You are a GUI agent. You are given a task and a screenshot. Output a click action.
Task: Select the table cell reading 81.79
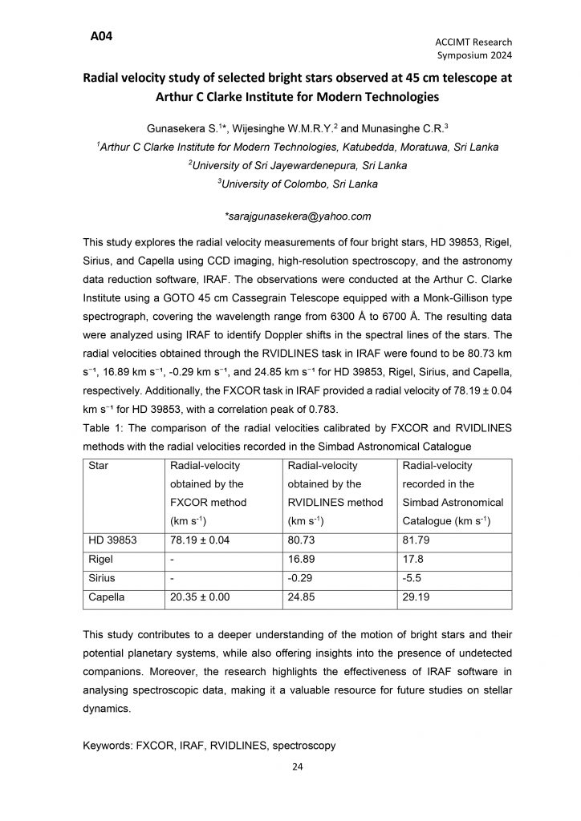(416, 540)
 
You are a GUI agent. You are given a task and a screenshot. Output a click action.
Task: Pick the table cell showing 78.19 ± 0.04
(199, 540)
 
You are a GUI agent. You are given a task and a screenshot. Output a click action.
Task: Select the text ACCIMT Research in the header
(474, 42)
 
